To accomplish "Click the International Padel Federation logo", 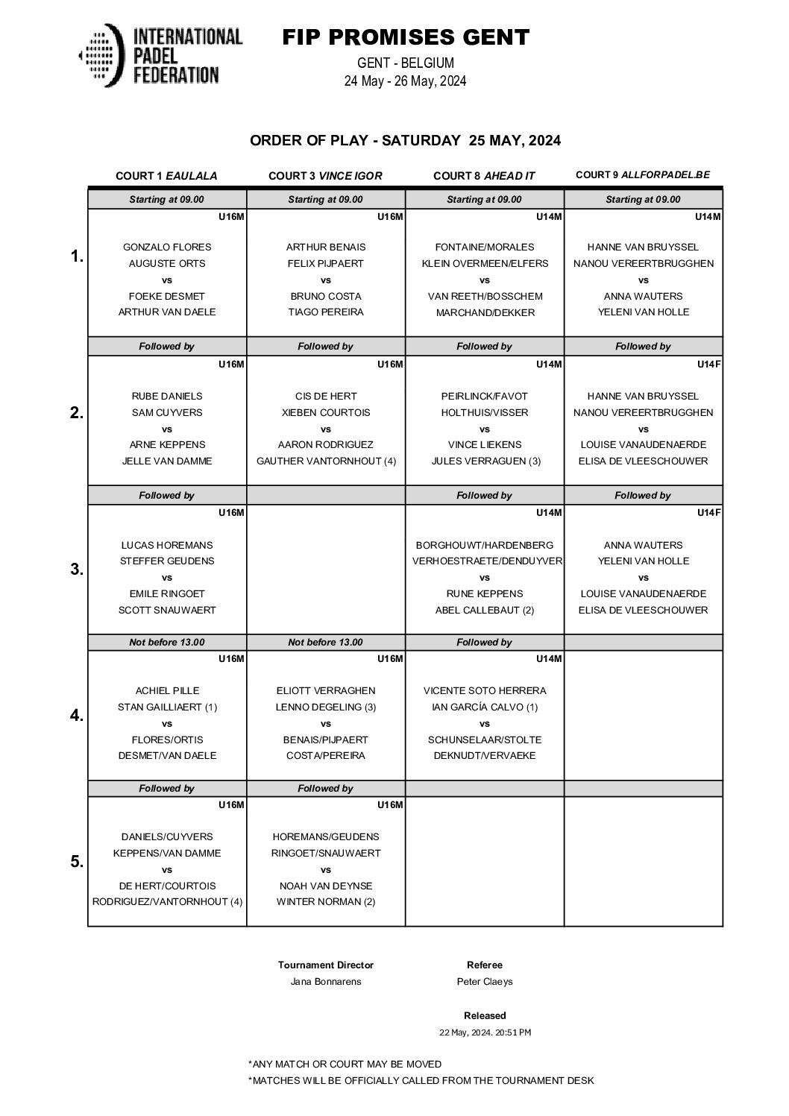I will pyautogui.click(x=160, y=54).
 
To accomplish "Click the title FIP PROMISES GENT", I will pyautogui.click(x=406, y=37).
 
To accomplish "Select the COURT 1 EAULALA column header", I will pyautogui.click(x=166, y=176).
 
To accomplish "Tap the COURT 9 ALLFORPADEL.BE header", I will pyautogui.click(x=643, y=175).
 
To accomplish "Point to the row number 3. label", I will pyautogui.click(x=76, y=570).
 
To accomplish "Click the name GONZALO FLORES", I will pyautogui.click(x=167, y=247).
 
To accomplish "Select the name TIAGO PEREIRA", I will pyautogui.click(x=326, y=312).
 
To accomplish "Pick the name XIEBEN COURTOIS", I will pyautogui.click(x=326, y=412).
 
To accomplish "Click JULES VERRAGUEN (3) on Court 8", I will pyautogui.click(x=485, y=461).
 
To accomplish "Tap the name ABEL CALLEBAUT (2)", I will pyautogui.click(x=485, y=610).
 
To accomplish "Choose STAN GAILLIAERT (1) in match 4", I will pyautogui.click(x=167, y=707).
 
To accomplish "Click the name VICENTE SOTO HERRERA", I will pyautogui.click(x=485, y=690).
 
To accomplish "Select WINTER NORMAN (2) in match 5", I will pyautogui.click(x=326, y=901).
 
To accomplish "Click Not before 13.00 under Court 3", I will pyautogui.click(x=326, y=642).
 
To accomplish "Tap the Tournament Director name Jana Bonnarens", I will pyautogui.click(x=326, y=981).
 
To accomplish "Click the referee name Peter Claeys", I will pyautogui.click(x=485, y=981).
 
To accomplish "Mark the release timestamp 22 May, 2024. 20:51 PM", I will pyautogui.click(x=485, y=1033).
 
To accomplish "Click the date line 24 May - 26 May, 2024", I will pyautogui.click(x=405, y=81).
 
